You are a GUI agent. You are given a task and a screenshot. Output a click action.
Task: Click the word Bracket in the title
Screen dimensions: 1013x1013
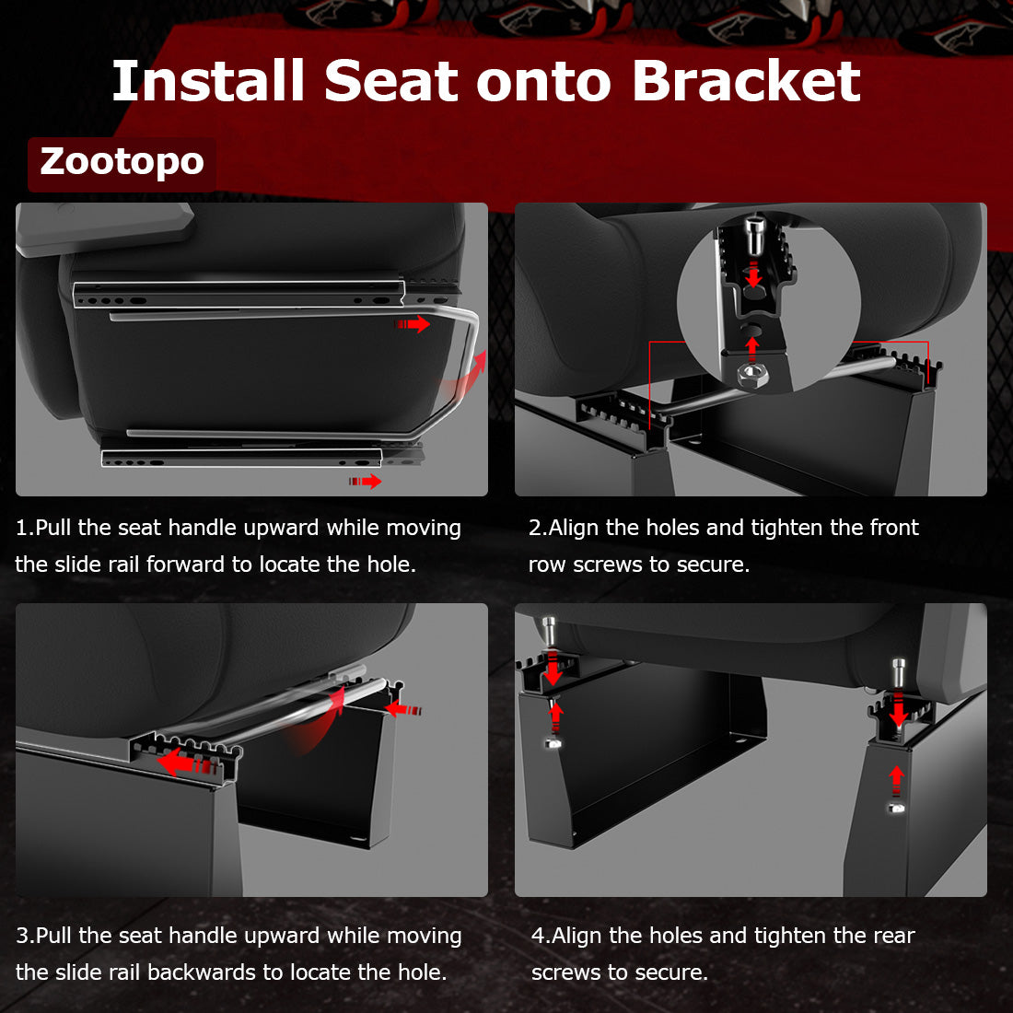point(746,81)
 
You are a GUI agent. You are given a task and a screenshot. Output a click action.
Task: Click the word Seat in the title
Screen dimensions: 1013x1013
point(390,81)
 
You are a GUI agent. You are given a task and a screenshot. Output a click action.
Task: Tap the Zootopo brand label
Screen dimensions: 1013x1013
point(122,162)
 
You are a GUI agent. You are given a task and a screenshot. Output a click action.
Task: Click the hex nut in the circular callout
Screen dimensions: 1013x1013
point(752,373)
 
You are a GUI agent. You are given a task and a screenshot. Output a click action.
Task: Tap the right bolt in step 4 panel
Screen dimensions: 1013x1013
point(899,675)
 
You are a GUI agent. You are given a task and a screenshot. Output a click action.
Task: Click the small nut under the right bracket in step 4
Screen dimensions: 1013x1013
point(897,808)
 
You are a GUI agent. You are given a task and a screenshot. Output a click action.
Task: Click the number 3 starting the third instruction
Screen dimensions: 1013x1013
point(23,936)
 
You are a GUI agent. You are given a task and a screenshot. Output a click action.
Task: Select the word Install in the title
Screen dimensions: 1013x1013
point(208,81)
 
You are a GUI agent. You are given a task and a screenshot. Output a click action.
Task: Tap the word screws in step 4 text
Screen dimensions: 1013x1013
point(565,972)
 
